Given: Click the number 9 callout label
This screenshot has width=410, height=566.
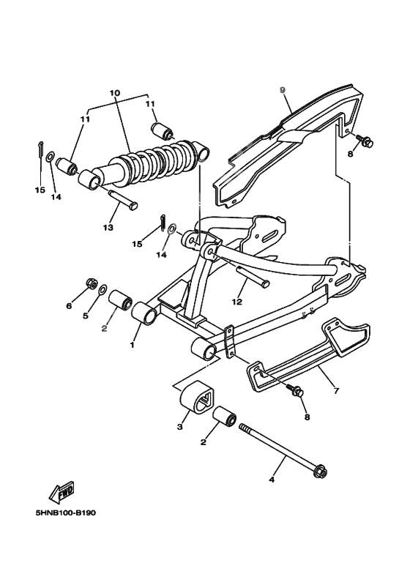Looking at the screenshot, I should [282, 89].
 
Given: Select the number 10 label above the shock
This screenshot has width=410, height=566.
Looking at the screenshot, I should [114, 93].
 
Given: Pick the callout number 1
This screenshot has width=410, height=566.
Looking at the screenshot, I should [133, 343].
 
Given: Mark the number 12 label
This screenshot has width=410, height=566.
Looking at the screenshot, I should [236, 300].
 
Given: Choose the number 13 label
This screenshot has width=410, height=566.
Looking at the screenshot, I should [108, 227].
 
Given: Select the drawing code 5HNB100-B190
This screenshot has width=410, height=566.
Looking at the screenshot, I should [64, 512].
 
